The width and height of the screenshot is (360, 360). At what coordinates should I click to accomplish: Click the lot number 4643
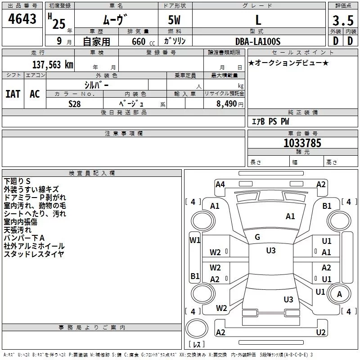tap(22, 20)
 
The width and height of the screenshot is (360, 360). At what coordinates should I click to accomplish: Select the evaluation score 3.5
tap(342, 21)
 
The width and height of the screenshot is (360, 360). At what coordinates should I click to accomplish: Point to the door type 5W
tap(175, 21)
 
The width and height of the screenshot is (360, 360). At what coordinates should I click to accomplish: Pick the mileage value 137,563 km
tap(52, 64)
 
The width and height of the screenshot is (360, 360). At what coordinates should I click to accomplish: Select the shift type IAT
tap(13, 94)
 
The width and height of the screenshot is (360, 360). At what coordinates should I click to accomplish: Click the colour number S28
tap(74, 103)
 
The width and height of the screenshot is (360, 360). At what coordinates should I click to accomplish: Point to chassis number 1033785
tap(302, 143)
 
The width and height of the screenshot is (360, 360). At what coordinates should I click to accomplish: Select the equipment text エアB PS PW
tap(270, 121)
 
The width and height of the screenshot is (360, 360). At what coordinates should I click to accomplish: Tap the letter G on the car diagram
tap(257, 237)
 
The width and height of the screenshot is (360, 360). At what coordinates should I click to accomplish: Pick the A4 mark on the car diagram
tap(220, 184)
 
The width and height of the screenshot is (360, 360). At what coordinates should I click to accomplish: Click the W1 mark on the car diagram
tap(194, 240)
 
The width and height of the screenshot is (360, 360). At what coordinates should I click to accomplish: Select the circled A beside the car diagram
tap(340, 294)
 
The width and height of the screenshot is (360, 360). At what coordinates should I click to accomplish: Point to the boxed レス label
tap(197, 345)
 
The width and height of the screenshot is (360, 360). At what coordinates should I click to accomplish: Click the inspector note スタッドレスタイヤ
tap(34, 254)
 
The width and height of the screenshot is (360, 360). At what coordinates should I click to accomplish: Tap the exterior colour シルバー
tap(96, 85)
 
